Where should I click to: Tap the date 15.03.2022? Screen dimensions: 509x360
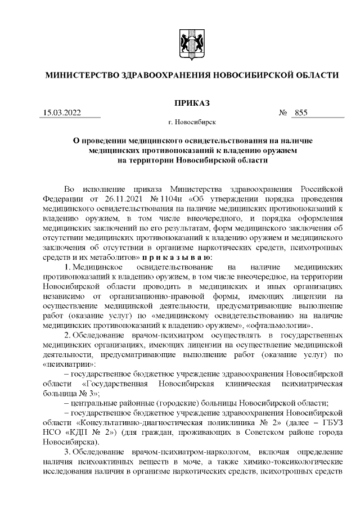click(62, 113)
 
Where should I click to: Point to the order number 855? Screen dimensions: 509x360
click(300, 113)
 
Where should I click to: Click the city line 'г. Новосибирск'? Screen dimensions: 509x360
click(191, 121)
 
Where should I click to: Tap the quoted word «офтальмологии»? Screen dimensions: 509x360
click(281, 325)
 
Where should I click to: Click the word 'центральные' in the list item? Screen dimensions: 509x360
click(92, 403)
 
